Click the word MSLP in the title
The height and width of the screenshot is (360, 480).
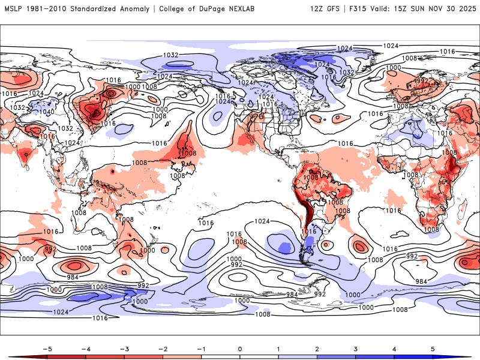[x=14, y=9]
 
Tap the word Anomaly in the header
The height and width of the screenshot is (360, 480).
[x=145, y=9]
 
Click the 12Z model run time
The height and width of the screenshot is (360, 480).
[x=317, y=9]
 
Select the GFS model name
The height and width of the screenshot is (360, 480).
[x=335, y=9]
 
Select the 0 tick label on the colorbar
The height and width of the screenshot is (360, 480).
[x=240, y=348]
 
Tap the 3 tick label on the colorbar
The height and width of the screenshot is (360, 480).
[x=356, y=348]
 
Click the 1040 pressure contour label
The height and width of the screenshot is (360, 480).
[x=46, y=112]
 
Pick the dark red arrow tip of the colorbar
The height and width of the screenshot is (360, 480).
[x=12, y=356]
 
